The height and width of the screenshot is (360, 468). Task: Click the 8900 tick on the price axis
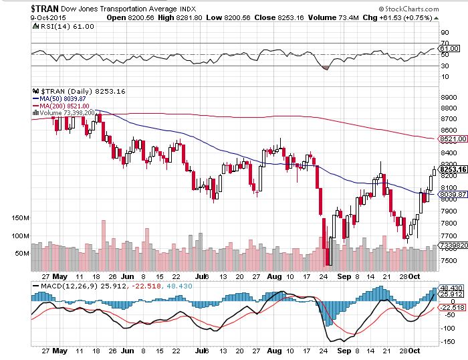(x=448, y=97)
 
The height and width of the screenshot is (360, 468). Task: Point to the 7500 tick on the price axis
(x=448, y=262)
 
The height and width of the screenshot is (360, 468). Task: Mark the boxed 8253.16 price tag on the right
(x=451, y=170)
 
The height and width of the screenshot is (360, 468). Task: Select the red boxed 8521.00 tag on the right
(x=451, y=139)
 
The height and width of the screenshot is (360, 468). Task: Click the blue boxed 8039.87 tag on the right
(x=451, y=193)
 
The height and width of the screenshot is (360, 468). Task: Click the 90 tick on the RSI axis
(x=444, y=31)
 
